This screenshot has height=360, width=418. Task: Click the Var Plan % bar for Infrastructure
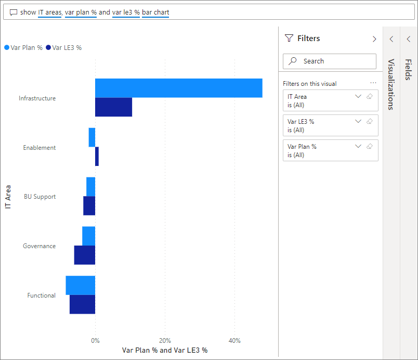point(178,88)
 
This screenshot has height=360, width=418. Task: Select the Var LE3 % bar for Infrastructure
point(113,107)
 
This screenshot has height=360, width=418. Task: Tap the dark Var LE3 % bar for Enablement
point(97,157)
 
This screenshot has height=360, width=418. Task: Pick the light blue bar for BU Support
point(91,186)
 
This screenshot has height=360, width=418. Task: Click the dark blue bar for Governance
point(85,255)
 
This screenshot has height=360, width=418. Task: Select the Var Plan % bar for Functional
point(81,285)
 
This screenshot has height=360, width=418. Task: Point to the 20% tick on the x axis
point(165,341)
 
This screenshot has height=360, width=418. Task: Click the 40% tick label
point(234,341)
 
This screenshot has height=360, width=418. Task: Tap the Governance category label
point(39,246)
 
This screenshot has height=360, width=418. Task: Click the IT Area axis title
point(8,196)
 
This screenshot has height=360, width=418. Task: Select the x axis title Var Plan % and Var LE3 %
point(165,350)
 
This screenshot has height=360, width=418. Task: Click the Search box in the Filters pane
point(330,61)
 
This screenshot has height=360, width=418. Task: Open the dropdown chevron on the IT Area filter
point(358,96)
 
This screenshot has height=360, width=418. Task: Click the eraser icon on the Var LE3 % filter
point(370,121)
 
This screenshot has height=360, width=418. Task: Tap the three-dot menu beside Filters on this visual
point(373,83)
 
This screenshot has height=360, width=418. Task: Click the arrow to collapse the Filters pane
point(374,38)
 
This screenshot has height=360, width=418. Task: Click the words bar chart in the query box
point(155,12)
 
